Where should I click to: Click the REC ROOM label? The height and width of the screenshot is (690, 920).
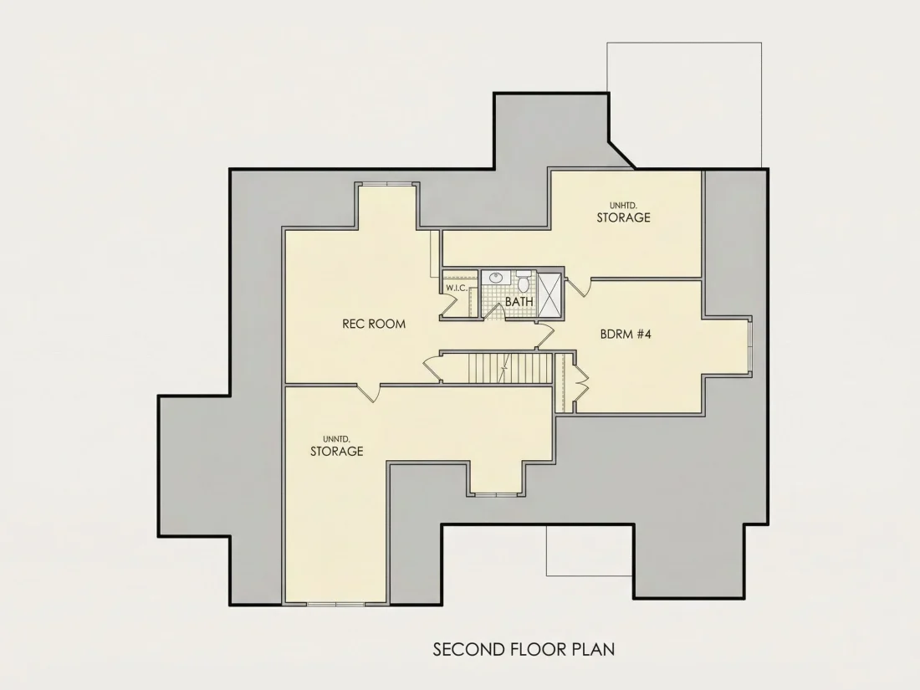[x=374, y=324]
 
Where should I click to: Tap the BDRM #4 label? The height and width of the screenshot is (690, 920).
[x=626, y=334]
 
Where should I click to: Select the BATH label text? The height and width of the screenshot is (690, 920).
[x=519, y=301]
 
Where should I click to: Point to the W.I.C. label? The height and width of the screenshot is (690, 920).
[x=456, y=288]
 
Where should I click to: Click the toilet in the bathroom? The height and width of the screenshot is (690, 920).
[x=524, y=282]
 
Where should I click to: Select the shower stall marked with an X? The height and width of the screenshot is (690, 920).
[x=549, y=295]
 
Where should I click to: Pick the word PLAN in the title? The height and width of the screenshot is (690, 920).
[x=594, y=650]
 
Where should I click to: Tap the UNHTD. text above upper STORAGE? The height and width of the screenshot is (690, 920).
[x=623, y=206]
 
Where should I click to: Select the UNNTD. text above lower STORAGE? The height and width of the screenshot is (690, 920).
[x=336, y=439]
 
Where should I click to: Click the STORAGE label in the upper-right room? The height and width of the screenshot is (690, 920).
[x=623, y=217]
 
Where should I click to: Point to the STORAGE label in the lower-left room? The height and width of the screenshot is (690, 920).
[x=336, y=451]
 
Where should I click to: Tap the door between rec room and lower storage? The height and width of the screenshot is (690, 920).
[x=369, y=392]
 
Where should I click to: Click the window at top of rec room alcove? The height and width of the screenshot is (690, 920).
[x=386, y=184]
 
